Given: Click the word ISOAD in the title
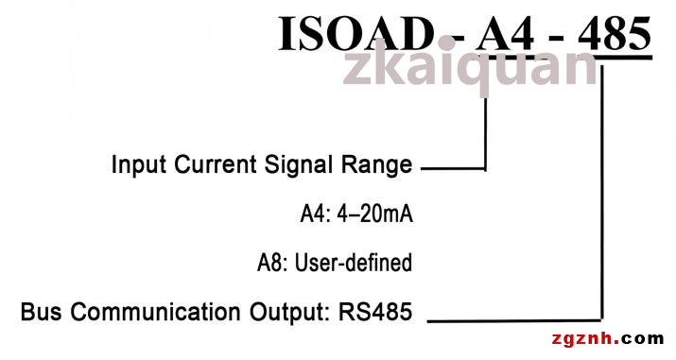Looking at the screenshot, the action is coord(355,34).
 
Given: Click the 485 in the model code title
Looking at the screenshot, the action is coord(615,34).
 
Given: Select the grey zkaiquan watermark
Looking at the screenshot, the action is coord(470,67).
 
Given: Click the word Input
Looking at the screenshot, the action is coord(138,165).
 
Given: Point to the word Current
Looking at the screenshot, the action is coord(216,164).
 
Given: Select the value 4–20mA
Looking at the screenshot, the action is coord(374,214).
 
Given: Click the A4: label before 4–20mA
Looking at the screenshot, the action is coord(315,214).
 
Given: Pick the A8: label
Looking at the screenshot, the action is coord(272,263).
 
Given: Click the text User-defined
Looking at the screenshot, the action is coord(353,263).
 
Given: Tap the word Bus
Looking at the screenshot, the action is coord(41,312).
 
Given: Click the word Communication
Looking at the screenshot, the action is coord(155,312).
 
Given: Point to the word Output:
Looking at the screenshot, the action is coord(289,313).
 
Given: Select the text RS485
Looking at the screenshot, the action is coord(375,312).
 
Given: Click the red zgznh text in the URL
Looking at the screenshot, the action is coord(585,339).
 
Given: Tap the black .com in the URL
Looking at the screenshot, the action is coord(642,338).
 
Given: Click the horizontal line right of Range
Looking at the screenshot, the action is coord(453,168).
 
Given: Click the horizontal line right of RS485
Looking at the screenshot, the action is coord(513,321).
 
